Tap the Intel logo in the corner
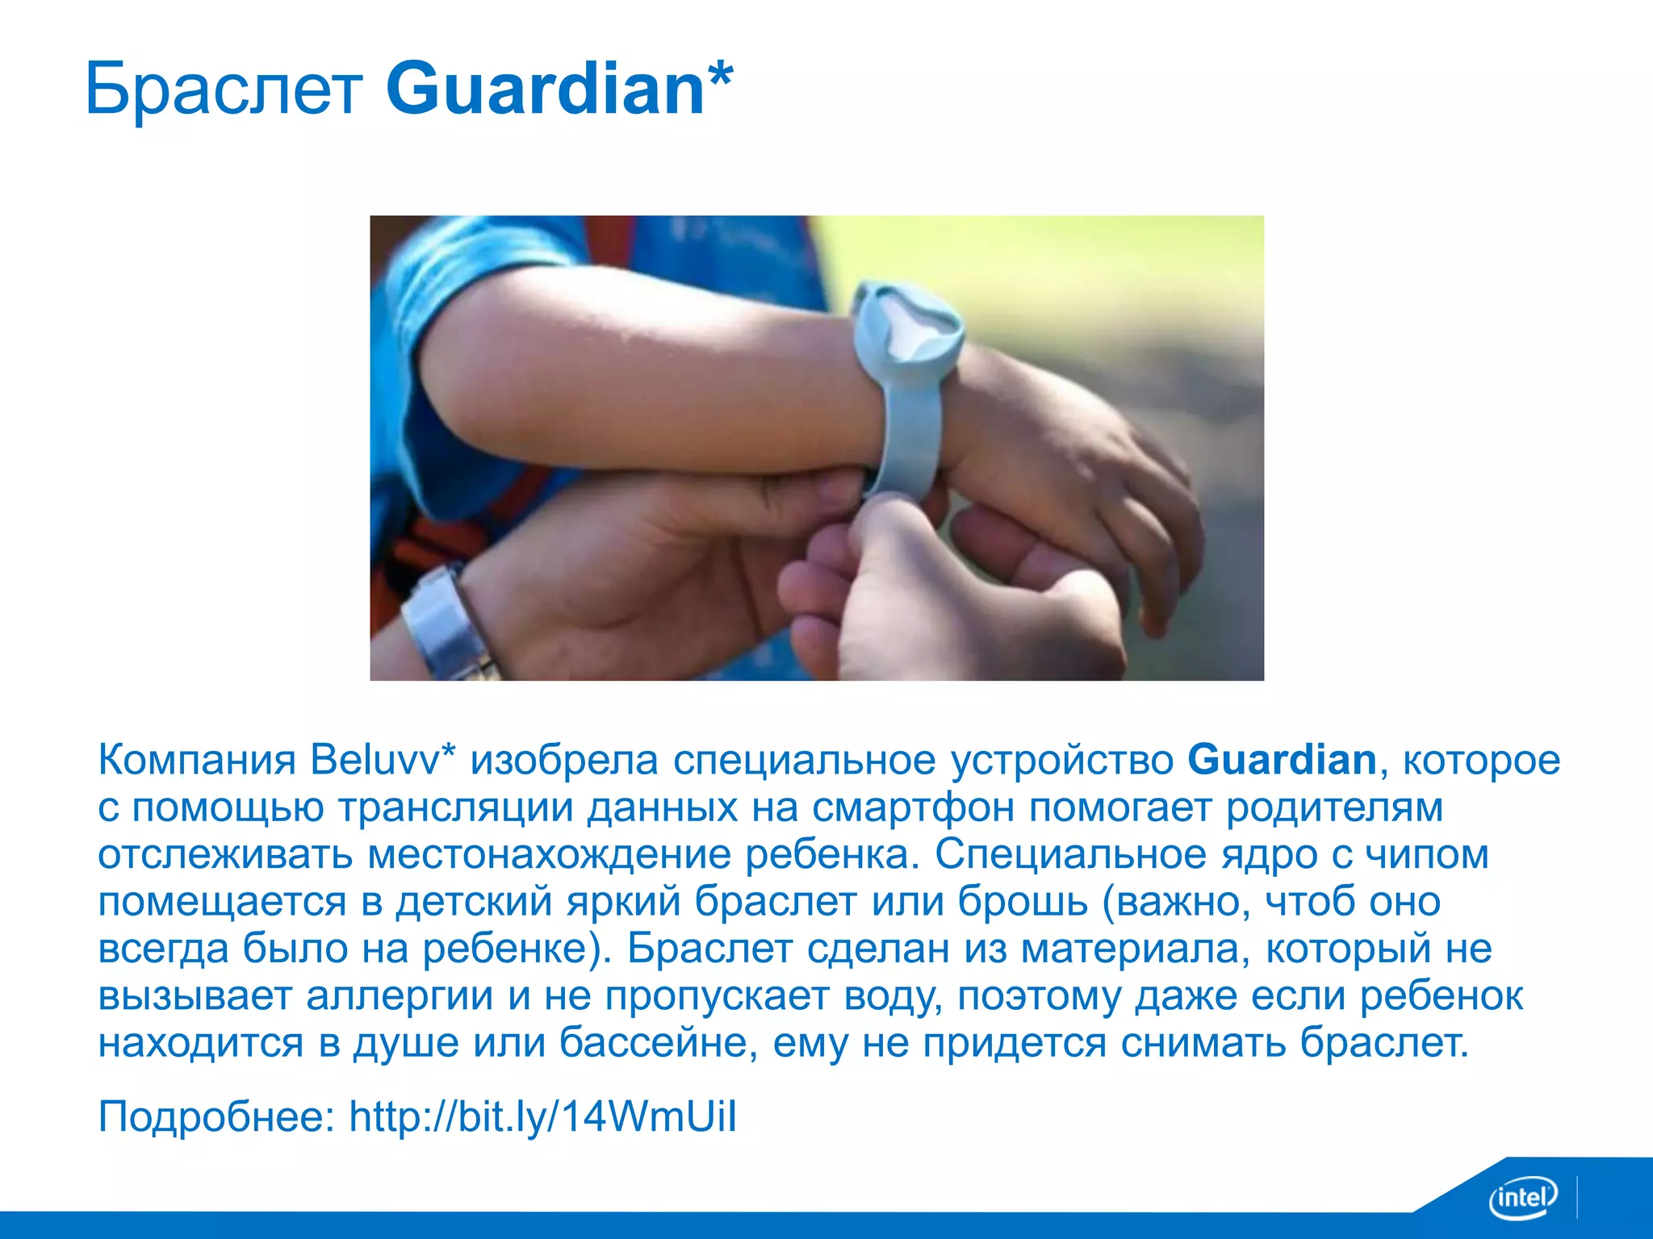pos(1522,1198)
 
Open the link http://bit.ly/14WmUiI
pos(542,1117)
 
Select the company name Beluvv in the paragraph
pos(376,760)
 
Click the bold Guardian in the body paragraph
pos(1282,760)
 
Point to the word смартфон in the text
pos(913,807)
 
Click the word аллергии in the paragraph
pos(400,997)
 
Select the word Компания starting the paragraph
pos(197,760)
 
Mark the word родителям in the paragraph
pos(1334,807)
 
